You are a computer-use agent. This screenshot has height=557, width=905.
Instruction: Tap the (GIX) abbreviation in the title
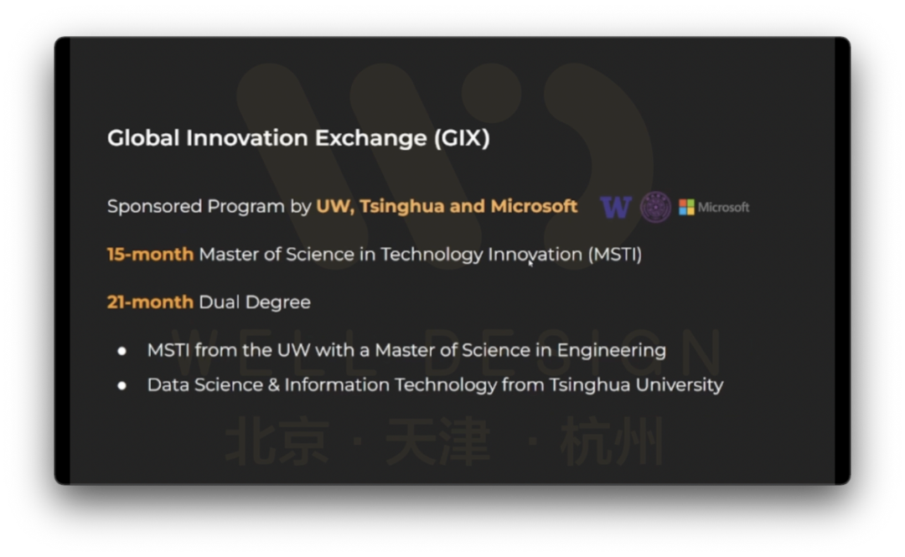(462, 138)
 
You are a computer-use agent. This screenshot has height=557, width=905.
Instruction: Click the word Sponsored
(155, 206)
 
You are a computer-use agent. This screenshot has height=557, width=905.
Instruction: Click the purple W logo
(616, 207)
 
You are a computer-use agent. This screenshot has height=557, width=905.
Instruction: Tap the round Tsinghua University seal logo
(655, 207)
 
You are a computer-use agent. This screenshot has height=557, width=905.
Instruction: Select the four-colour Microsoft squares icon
(686, 207)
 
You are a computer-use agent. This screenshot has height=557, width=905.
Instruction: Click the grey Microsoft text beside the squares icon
(724, 207)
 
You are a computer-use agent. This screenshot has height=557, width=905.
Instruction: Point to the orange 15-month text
(150, 255)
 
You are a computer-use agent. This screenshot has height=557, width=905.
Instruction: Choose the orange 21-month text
(150, 302)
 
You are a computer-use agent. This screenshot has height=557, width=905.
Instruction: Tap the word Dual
(218, 302)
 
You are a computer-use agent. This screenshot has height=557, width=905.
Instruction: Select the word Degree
(277, 302)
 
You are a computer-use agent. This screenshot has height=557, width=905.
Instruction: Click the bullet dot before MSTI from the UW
(122, 351)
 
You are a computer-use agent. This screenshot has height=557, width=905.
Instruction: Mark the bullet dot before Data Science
(122, 386)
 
